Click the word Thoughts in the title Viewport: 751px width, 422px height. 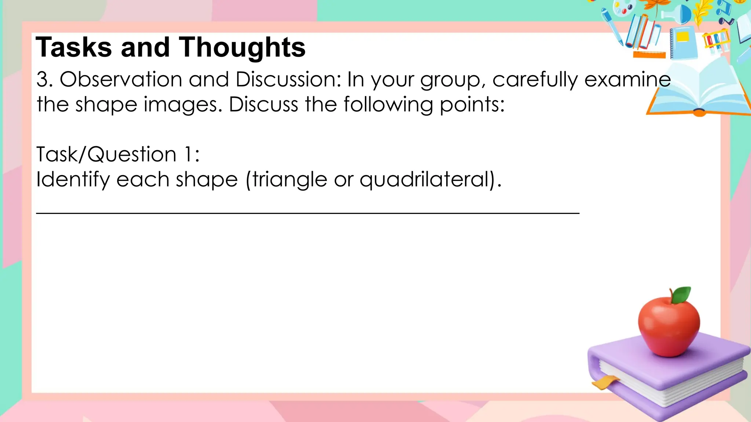pyautogui.click(x=242, y=48)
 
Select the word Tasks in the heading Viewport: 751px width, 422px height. pyautogui.click(x=73, y=48)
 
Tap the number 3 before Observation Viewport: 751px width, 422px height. pyautogui.click(x=42, y=79)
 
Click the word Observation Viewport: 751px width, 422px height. pyautogui.click(x=121, y=79)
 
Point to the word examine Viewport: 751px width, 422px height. pyautogui.click(x=627, y=79)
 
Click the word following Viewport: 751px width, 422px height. pyautogui.click(x=388, y=105)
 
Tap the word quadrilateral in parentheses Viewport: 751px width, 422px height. pyautogui.click(x=425, y=180)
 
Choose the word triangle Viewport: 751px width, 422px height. pyautogui.click(x=290, y=180)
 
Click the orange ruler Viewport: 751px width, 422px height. pyautogui.click(x=649, y=55)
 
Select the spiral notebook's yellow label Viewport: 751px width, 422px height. pyautogui.click(x=683, y=37)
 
